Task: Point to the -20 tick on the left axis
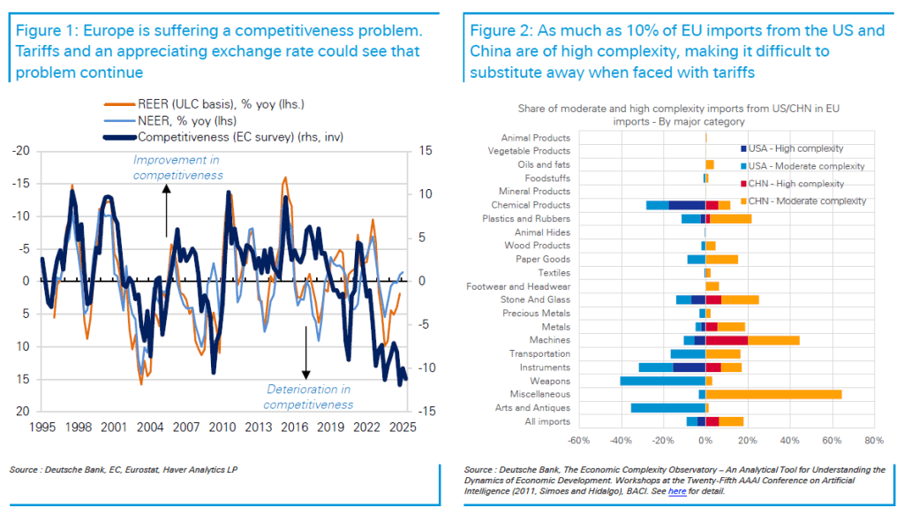(x=20, y=151)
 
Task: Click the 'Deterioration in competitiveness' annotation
(x=307, y=397)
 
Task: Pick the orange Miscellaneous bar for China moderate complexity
(x=773, y=394)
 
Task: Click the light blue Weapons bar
(x=662, y=381)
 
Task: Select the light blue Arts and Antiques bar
(x=667, y=408)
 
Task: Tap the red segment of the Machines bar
(x=727, y=340)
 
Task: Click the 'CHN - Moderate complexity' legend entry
(x=802, y=201)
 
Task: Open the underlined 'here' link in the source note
(x=677, y=490)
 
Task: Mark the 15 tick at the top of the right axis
(x=426, y=151)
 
